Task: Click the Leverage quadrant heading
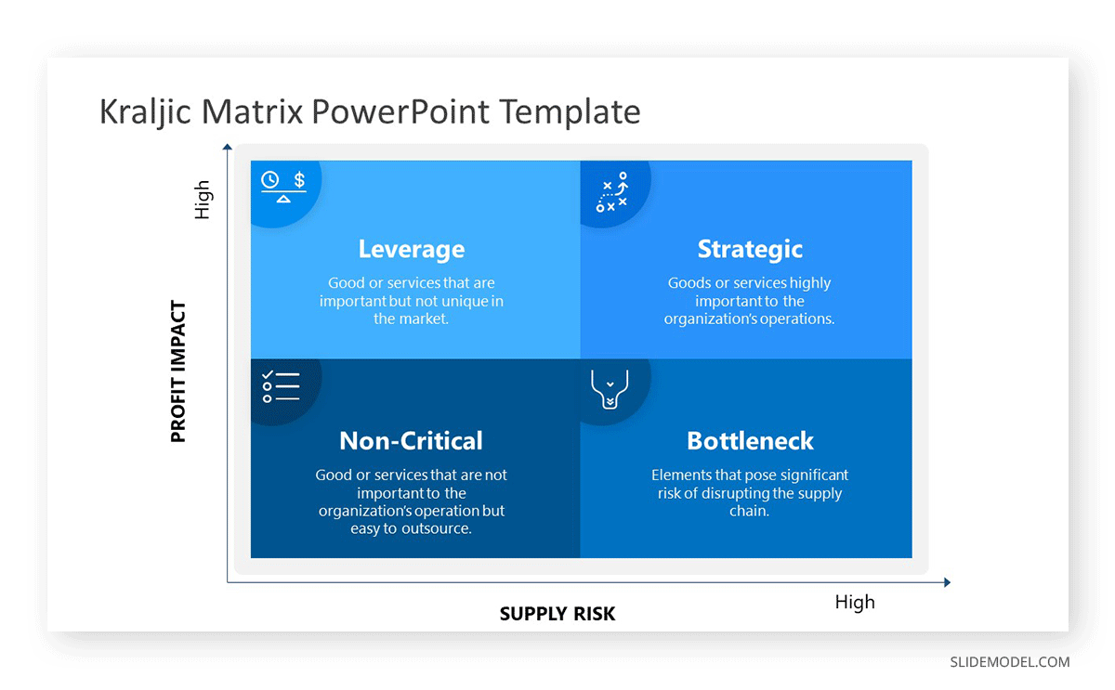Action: pyautogui.click(x=411, y=249)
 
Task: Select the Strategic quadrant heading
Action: pyautogui.click(x=750, y=249)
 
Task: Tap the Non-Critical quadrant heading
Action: pyautogui.click(x=411, y=441)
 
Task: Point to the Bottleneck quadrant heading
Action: pyautogui.click(x=750, y=441)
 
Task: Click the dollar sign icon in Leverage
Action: pyautogui.click(x=299, y=179)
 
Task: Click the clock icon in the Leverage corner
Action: pyautogui.click(x=270, y=179)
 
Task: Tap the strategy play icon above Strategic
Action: pyautogui.click(x=612, y=192)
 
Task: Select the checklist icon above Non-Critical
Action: pyautogui.click(x=281, y=386)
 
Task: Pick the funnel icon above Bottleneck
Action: pyautogui.click(x=610, y=389)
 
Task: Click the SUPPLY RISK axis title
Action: pyautogui.click(x=557, y=614)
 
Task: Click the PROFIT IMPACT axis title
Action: pyautogui.click(x=178, y=371)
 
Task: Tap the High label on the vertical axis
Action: pyautogui.click(x=203, y=200)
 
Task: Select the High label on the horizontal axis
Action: pyautogui.click(x=855, y=602)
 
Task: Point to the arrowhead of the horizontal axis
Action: pyautogui.click(x=947, y=582)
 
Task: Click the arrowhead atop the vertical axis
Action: pyautogui.click(x=227, y=146)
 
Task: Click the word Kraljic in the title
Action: pyautogui.click(x=145, y=111)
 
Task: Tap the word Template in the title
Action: pyautogui.click(x=570, y=111)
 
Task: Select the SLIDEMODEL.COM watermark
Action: pyautogui.click(x=1009, y=662)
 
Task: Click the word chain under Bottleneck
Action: pyautogui.click(x=749, y=511)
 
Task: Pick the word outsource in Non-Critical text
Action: pyautogui.click(x=437, y=528)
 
